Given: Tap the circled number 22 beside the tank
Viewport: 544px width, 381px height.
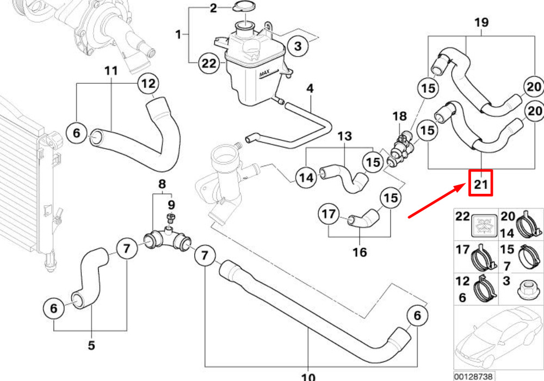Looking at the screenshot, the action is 209,63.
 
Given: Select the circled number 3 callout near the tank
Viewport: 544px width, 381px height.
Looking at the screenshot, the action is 298,46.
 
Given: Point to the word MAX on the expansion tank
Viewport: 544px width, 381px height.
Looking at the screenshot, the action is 264,74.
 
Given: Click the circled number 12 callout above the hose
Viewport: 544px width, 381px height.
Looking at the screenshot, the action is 149,84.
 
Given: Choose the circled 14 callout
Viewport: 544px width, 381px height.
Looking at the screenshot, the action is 306,177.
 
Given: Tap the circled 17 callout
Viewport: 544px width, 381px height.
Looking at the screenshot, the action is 329,214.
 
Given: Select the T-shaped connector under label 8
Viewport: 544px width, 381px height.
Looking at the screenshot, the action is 167,240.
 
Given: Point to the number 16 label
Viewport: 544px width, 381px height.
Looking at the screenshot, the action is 360,252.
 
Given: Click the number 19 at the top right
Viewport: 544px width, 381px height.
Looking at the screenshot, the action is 481,22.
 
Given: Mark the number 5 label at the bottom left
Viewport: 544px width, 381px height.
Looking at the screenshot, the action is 91,345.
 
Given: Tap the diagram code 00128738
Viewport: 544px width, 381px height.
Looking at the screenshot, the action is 473,376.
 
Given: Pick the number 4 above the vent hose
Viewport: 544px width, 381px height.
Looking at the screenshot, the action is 310,88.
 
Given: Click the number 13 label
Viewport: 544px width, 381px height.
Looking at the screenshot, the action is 344,136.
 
